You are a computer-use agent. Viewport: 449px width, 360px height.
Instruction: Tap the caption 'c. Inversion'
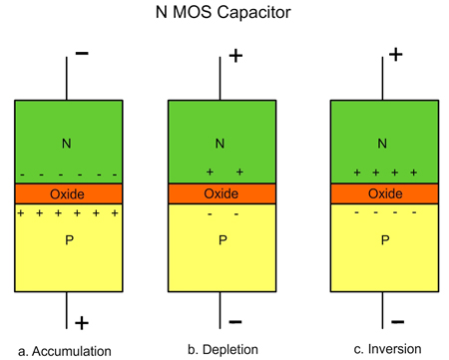(x=381, y=349)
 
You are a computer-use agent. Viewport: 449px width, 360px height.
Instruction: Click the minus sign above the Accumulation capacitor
(x=81, y=54)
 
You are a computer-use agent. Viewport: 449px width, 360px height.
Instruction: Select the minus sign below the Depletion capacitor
(x=236, y=321)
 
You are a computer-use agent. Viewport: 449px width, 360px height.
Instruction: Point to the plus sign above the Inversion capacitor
(x=396, y=54)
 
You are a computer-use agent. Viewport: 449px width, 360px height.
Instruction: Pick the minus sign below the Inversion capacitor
(x=396, y=321)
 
